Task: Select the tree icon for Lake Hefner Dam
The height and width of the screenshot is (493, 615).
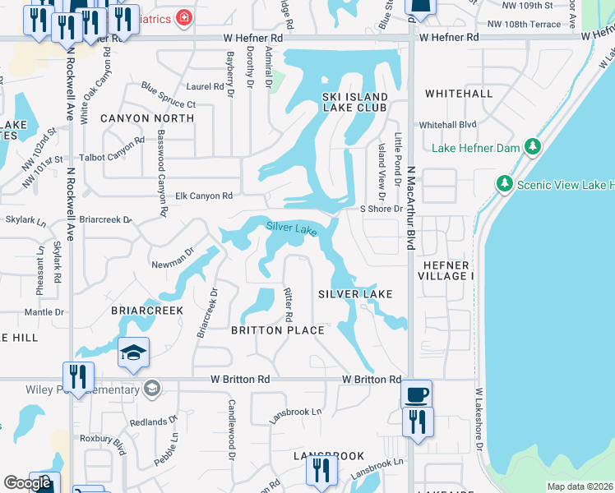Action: tap(533, 147)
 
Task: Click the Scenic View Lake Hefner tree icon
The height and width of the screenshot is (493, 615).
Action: tap(505, 183)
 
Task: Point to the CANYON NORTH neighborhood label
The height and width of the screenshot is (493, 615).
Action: tap(147, 118)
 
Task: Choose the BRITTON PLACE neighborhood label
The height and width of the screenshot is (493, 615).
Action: tap(277, 329)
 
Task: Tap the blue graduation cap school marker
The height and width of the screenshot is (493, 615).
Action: tap(134, 353)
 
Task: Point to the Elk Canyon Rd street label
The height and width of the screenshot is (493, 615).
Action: tap(205, 196)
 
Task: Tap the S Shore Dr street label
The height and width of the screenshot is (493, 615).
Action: tap(381, 209)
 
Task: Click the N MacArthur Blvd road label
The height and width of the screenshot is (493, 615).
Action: tap(410, 209)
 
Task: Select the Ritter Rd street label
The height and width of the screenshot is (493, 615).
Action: tap(289, 305)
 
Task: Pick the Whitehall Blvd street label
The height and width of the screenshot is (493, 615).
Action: tap(448, 125)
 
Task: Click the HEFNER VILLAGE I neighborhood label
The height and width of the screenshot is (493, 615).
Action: tap(447, 271)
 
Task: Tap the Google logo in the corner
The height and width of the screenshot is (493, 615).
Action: tap(27, 483)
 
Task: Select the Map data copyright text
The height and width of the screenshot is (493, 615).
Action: tap(580, 486)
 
